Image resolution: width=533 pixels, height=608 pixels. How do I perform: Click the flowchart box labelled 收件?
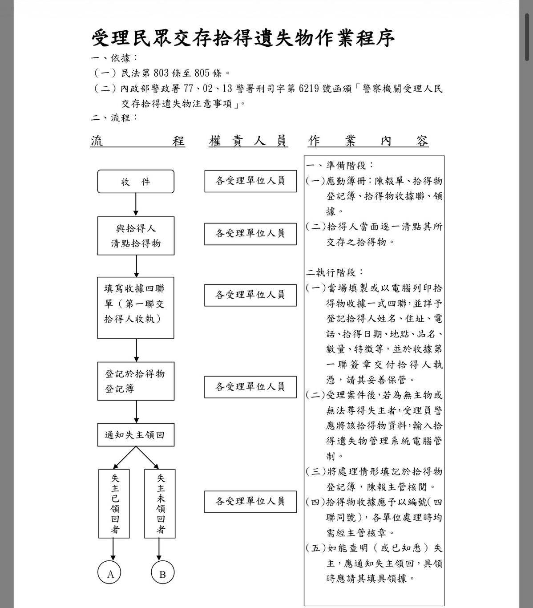(136, 182)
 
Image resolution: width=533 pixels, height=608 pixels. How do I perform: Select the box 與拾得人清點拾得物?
(136, 236)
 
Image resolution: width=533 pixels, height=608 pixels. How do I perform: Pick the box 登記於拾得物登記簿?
(136, 381)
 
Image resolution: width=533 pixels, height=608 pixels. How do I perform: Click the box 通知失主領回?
(136, 435)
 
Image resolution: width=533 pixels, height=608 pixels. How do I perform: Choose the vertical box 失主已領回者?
(114, 503)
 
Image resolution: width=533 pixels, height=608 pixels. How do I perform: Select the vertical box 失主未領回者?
(160, 503)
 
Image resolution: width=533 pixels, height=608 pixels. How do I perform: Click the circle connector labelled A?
(110, 574)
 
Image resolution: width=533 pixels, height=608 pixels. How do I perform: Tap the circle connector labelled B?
(162, 574)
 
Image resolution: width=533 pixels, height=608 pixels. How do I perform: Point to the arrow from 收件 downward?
(136, 205)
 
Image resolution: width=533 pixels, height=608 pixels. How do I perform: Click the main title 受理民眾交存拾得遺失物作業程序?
(243, 38)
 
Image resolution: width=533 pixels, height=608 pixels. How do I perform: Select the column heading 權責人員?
(248, 141)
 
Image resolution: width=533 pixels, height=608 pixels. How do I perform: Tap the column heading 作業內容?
(368, 141)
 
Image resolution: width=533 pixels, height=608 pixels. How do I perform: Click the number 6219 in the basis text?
(309, 88)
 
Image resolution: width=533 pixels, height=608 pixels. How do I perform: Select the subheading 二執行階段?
(335, 272)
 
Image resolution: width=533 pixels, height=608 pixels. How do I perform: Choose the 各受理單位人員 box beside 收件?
(250, 181)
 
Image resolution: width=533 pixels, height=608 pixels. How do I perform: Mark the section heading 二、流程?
(114, 118)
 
